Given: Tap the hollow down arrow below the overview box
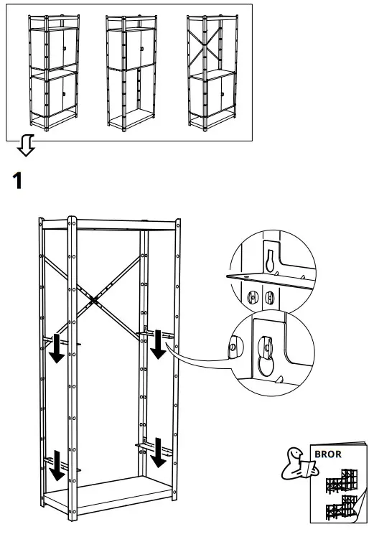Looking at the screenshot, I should point(26,146).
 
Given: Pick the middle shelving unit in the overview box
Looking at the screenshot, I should point(132,72).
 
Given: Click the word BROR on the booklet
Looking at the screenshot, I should point(328,454).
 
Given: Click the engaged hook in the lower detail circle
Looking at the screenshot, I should point(264,349).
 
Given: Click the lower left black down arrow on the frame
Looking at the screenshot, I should point(55,468).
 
